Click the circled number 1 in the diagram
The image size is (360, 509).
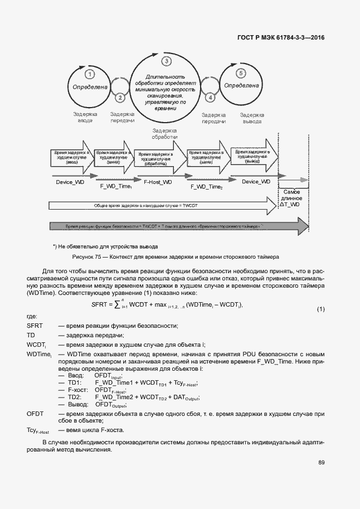(x=89, y=74)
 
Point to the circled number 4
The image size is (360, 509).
(x=210, y=97)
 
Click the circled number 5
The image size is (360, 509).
(x=241, y=73)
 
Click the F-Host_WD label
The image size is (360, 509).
(x=158, y=182)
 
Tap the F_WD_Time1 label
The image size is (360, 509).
(x=116, y=186)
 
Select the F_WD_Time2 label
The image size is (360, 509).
(x=206, y=187)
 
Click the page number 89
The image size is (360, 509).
(x=322, y=462)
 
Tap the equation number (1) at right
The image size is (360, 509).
(x=320, y=309)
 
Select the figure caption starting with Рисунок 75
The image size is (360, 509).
(x=174, y=258)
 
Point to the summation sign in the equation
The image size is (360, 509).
(x=116, y=304)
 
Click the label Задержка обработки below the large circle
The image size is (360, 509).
(x=164, y=133)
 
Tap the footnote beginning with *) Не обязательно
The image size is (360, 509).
(x=106, y=246)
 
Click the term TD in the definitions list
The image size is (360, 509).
(x=31, y=335)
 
